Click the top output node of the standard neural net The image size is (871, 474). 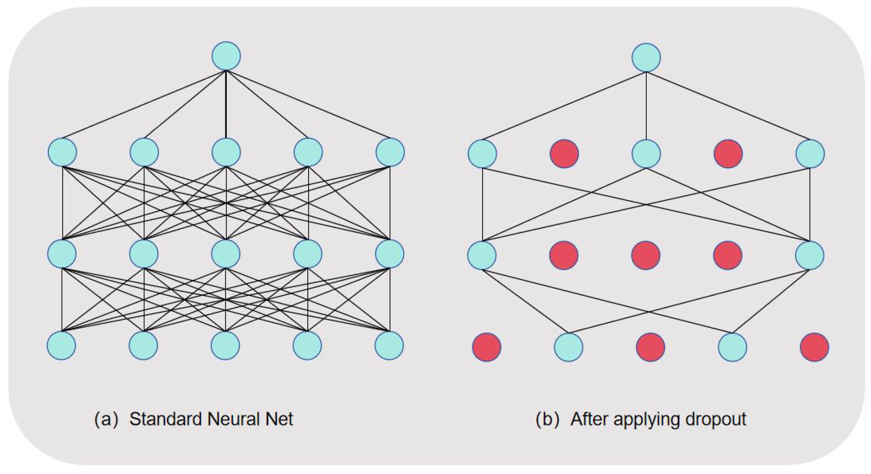[226, 56]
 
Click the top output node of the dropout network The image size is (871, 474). [646, 58]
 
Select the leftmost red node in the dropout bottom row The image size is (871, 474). [486, 347]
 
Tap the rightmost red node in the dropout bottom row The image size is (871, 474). [814, 347]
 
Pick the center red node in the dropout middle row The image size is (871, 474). [646, 255]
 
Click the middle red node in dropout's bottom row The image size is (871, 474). [650, 347]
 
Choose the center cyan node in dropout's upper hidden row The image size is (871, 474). [646, 154]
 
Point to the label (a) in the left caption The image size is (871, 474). [106, 419]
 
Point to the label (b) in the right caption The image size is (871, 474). [547, 419]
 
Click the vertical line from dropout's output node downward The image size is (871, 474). [646, 106]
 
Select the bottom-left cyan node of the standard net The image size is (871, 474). [61, 346]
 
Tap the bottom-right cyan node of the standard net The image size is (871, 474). [389, 346]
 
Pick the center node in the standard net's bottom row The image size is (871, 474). [225, 346]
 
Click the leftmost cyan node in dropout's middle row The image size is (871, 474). [482, 255]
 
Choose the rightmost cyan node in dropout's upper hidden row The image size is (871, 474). [810, 154]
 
